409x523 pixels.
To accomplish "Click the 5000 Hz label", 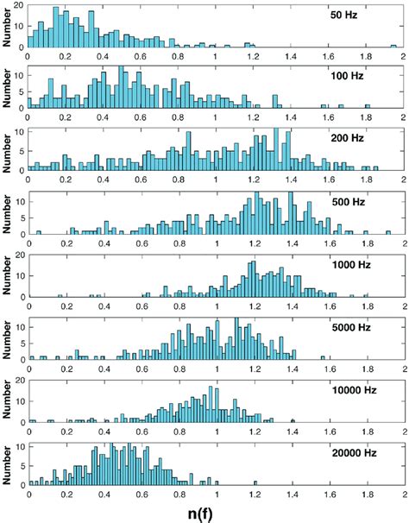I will point(352,328).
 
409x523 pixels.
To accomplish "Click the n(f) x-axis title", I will point(217,512).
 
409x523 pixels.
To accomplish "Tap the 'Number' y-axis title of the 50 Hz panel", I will point(9,26).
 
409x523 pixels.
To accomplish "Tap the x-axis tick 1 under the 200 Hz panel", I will point(217,182).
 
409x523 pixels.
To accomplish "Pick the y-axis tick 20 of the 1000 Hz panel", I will point(21,256).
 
